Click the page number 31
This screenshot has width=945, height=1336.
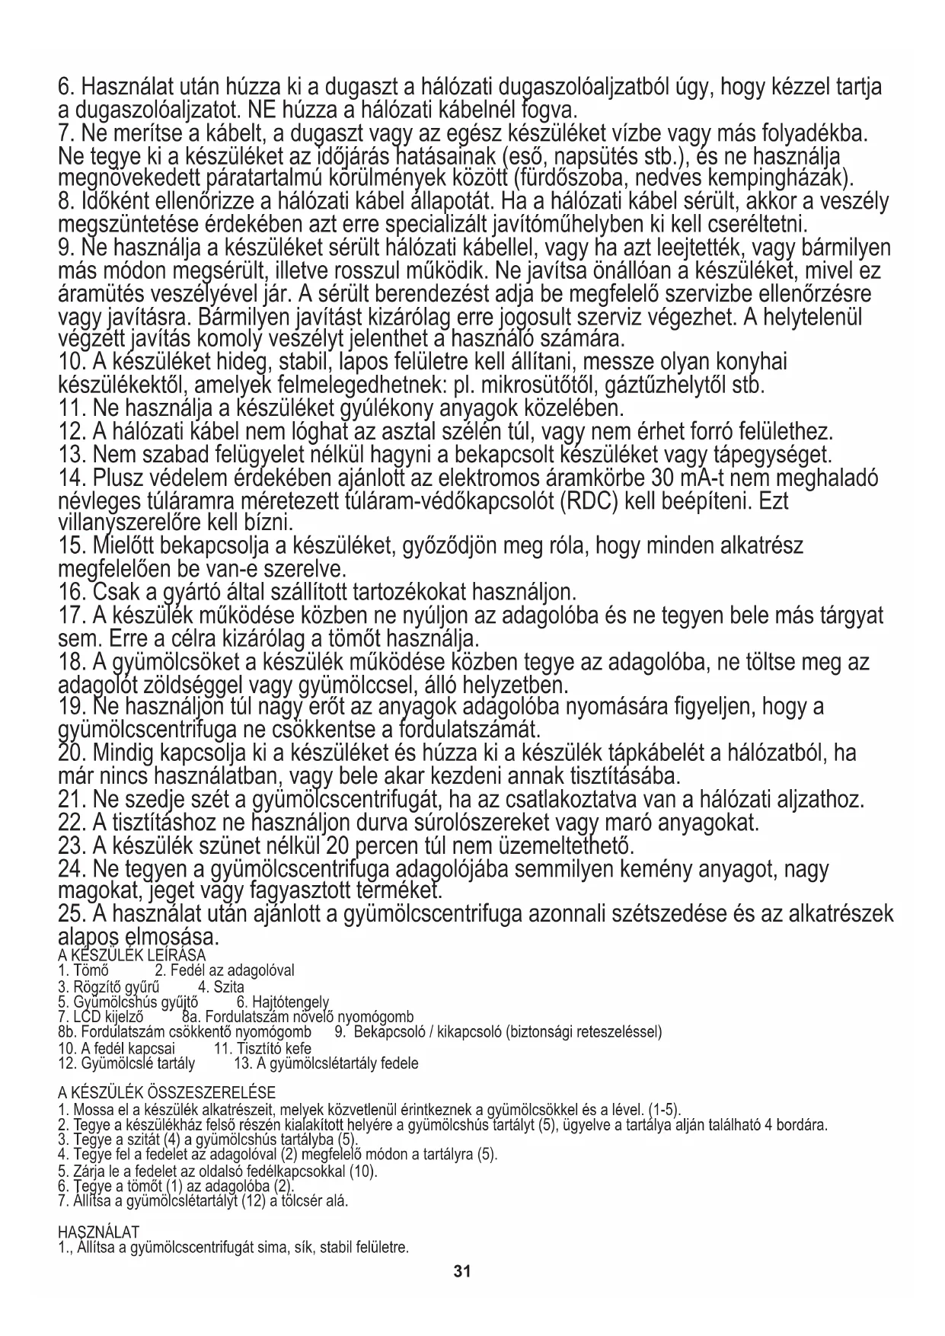(x=462, y=1271)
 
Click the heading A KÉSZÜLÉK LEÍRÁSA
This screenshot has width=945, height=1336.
(x=132, y=955)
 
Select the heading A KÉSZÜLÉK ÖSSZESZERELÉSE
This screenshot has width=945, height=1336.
(x=167, y=1092)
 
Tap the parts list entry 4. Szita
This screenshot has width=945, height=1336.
(x=221, y=987)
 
